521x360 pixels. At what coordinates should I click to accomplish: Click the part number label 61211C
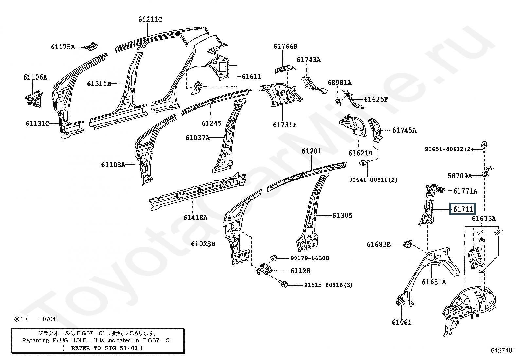[x=150, y=19]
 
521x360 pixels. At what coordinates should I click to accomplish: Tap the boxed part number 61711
[x=462, y=209]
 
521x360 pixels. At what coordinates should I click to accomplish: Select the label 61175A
[x=63, y=47]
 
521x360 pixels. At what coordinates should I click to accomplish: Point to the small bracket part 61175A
[x=91, y=46]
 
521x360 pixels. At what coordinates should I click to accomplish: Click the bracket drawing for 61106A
[x=34, y=99]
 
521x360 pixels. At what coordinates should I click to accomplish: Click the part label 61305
[x=342, y=216]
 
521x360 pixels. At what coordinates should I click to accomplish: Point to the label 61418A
[x=195, y=218]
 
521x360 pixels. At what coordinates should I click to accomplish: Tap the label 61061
[x=402, y=322]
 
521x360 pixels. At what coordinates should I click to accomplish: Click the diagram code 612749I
[x=502, y=350]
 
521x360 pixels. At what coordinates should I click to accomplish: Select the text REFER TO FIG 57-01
[x=102, y=348]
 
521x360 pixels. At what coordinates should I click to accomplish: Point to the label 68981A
[x=340, y=83]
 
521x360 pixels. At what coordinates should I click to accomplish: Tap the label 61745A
[x=404, y=130]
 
